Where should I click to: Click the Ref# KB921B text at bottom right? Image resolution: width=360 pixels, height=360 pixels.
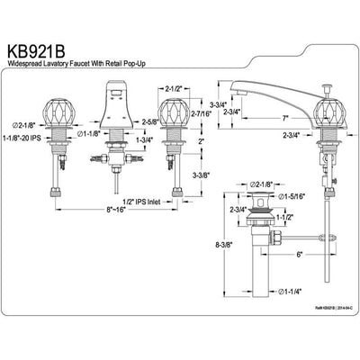tap(322, 333)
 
